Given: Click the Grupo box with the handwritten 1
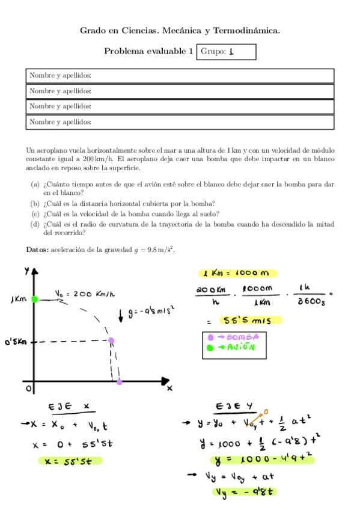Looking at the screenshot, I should [226, 52].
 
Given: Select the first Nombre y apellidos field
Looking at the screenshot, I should [180, 76].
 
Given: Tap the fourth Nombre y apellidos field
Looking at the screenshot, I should [180, 122].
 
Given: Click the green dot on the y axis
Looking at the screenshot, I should [35, 299].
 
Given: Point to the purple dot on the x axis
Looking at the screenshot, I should [120, 381].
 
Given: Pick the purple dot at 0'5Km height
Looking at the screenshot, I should [111, 341].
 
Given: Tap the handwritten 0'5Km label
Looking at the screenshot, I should [15, 342].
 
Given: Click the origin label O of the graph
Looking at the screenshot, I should [28, 389].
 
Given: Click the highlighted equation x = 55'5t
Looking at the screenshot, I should [69, 461].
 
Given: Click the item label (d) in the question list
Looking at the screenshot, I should [35, 224].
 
